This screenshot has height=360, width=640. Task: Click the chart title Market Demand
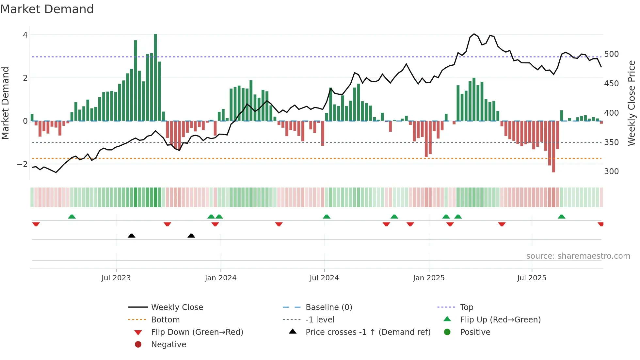47,9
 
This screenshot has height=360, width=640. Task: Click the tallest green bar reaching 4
155,77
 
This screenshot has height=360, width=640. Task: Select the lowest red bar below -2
553,147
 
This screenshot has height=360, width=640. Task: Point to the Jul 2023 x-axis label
116,278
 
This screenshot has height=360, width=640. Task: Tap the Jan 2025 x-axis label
428,278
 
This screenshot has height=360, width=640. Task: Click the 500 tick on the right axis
611,54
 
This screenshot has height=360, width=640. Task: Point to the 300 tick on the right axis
611,172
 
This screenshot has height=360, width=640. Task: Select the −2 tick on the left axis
22,164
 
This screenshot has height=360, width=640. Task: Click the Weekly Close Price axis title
632,103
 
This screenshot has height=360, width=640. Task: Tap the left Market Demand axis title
6,103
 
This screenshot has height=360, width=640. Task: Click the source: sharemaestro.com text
578,256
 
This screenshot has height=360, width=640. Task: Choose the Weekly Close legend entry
177,307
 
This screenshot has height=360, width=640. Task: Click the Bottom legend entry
165,320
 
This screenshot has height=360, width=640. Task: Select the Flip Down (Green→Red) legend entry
197,332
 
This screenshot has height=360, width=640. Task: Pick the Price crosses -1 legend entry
368,332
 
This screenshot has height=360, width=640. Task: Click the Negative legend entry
168,345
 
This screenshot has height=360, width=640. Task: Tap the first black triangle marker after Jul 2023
131,236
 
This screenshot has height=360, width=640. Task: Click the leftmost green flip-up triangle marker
72,217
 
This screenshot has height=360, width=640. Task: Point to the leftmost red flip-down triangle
36,224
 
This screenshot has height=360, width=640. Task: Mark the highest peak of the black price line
474,34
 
